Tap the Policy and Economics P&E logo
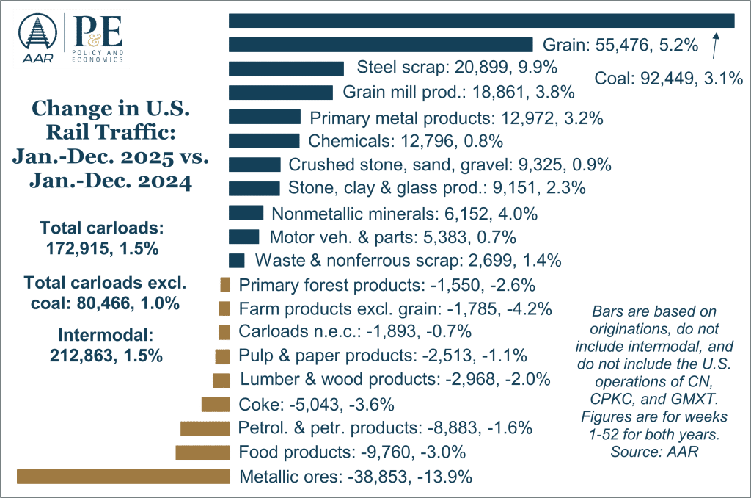click(x=95, y=38)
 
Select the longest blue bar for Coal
click(x=482, y=21)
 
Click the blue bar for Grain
click(x=381, y=44)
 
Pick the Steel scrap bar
click(x=286, y=68)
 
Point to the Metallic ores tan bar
click(x=122, y=477)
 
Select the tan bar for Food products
click(x=202, y=452)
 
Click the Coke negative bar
click(x=215, y=404)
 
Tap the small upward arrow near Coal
click(x=716, y=45)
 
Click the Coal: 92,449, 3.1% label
click(x=670, y=79)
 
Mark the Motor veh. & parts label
click(x=393, y=237)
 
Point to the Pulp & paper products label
click(x=383, y=356)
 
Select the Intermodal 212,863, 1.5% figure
click(x=106, y=346)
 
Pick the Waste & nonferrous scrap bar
click(x=237, y=261)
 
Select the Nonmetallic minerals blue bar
click(x=246, y=213)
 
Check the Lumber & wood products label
click(x=395, y=380)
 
